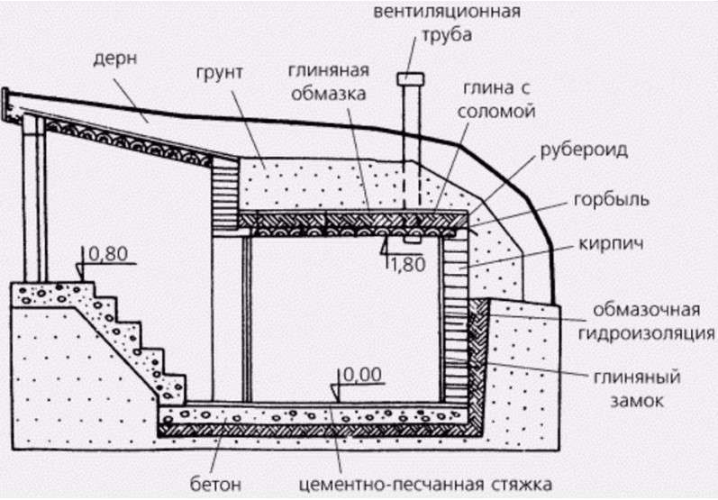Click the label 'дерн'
115,60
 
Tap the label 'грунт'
220,73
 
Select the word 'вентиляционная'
447,11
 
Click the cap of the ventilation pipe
411,79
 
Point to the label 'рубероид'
584,150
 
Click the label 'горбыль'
612,200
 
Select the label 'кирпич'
612,243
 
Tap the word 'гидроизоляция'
646,333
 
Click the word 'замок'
637,401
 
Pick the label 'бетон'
215,484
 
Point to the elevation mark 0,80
108,254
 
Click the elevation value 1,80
406,265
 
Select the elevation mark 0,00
362,375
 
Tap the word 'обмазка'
328,94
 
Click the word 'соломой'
496,111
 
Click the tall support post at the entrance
34,198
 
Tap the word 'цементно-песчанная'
392,484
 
